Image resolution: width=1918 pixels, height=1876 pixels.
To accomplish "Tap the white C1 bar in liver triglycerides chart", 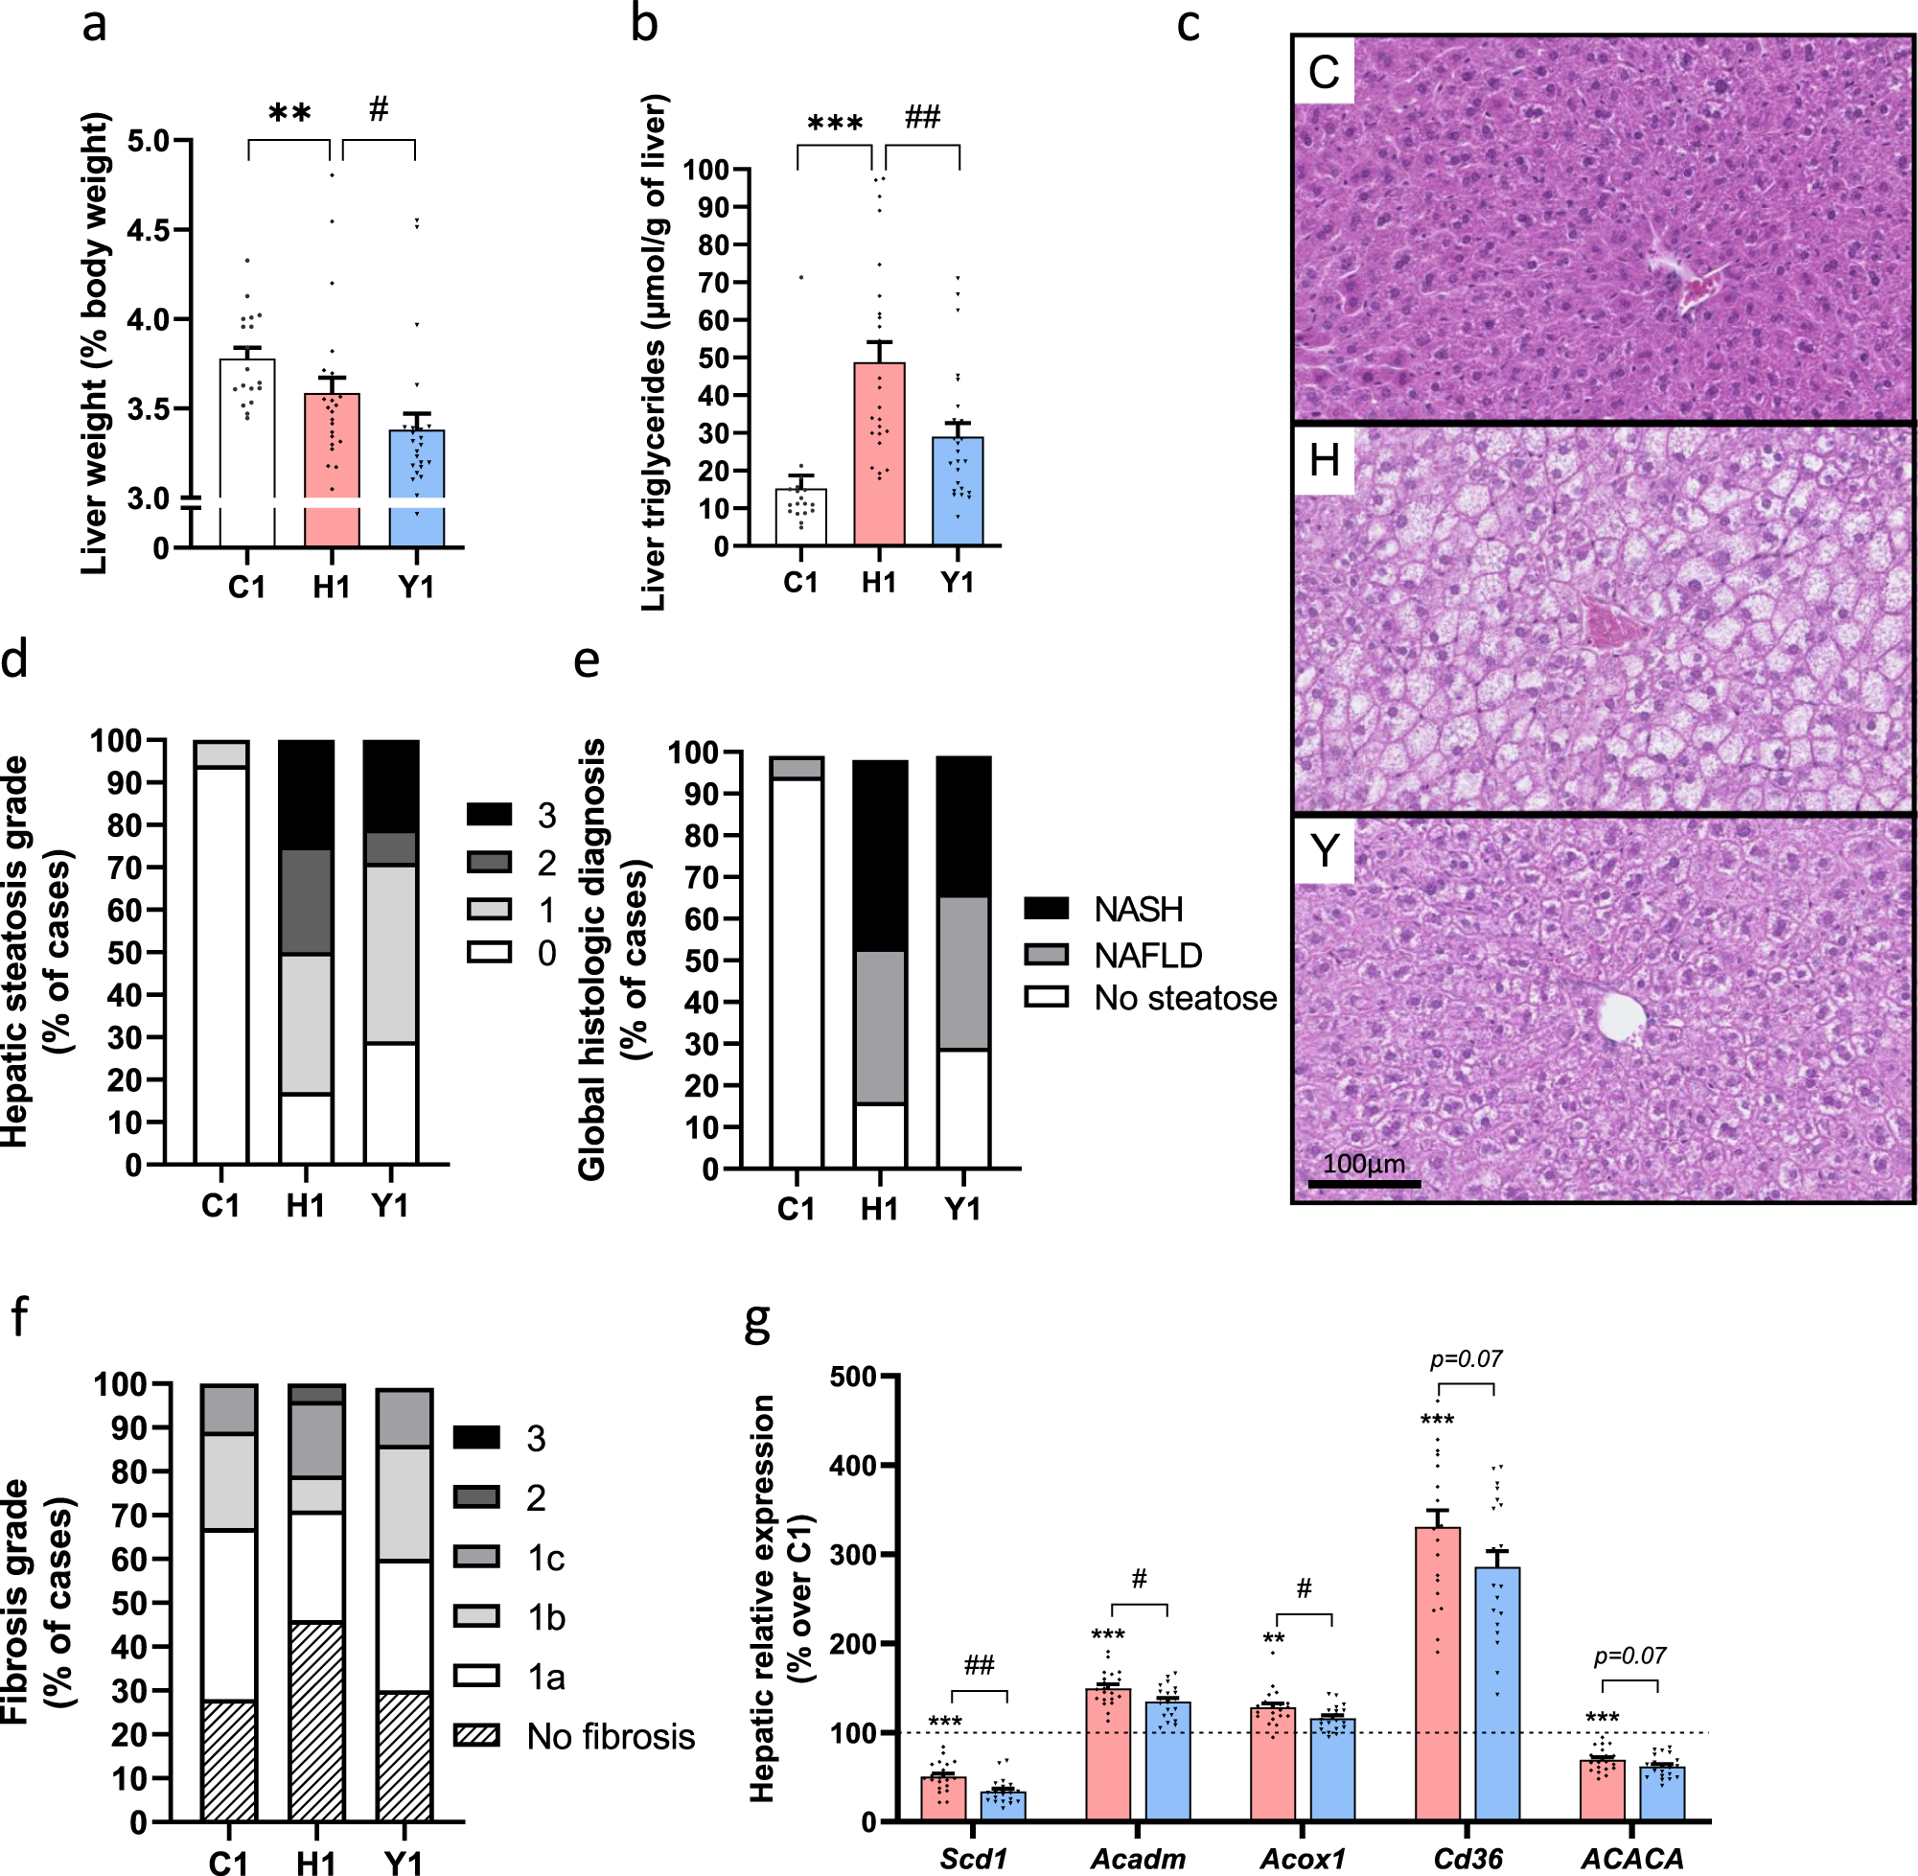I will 801,518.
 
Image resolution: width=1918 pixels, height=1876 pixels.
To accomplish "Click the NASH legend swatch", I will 1046,908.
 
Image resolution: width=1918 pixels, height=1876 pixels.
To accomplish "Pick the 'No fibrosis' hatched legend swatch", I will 475,1735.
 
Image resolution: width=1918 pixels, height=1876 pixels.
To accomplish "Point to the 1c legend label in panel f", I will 545,1558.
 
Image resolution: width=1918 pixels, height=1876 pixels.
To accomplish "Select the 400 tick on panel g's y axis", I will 854,1465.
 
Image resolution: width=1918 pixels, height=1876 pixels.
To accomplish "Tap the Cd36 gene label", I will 1467,1858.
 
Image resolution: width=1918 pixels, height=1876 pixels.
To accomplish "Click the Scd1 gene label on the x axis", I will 973,1858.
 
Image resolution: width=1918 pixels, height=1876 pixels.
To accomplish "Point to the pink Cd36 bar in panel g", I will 1438,1675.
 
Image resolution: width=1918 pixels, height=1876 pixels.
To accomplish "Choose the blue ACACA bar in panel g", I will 1662,1794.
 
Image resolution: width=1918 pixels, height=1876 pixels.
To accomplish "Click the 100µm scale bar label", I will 1363,1164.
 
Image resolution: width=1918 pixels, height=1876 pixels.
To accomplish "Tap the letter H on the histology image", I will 1324,460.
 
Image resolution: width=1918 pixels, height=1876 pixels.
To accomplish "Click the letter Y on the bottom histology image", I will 1324,849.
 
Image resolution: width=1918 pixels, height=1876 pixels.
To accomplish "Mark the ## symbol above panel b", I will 922,117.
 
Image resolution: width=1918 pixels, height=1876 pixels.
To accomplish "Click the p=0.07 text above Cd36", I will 1466,1358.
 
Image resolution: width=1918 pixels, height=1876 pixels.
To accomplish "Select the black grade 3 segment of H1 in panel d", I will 307,794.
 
